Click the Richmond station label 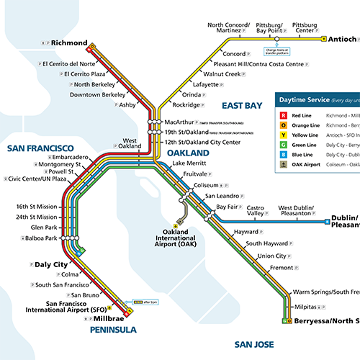click(68, 43)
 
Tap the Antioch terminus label click(344, 39)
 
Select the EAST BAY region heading click(242, 105)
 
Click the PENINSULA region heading click(114, 330)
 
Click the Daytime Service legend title click(309, 99)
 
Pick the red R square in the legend click(284, 115)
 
